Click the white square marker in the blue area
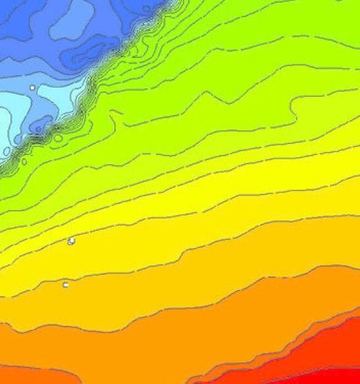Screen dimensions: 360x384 click(32, 87)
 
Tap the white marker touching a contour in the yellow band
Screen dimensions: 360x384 click(71, 241)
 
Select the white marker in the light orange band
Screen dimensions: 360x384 click(65, 285)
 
